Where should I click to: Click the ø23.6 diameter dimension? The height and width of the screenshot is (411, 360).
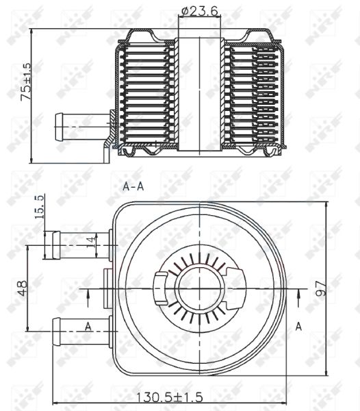[200, 11]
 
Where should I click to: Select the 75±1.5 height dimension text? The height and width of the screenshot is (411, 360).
[25, 83]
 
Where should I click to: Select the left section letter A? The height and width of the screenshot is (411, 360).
[88, 326]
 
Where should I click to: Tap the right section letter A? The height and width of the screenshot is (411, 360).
[298, 327]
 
